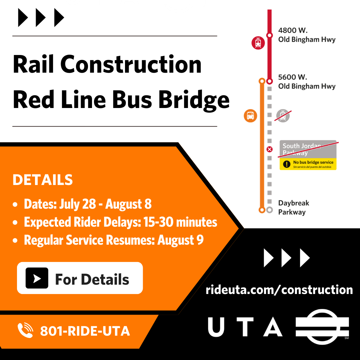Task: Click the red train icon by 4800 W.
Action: [258, 43]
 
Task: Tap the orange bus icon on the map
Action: [250, 116]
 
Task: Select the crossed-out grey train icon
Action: [283, 116]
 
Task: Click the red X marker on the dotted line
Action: [270, 149]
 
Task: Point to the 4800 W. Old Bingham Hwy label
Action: [307, 35]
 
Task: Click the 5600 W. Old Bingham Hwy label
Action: [307, 82]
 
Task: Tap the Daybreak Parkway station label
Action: [293, 207]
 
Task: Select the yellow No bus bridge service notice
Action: [308, 164]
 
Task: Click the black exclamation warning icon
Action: [286, 164]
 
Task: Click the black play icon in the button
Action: [37, 278]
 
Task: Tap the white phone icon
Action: [25, 331]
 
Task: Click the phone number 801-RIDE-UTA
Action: [85, 331]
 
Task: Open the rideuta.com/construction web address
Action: [279, 289]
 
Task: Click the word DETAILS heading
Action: [42, 180]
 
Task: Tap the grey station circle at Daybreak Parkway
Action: [270, 210]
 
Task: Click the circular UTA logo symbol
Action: [322, 327]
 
